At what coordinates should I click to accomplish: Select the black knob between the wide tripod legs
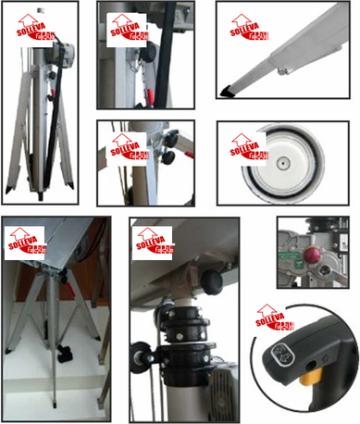tap(66, 353)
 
